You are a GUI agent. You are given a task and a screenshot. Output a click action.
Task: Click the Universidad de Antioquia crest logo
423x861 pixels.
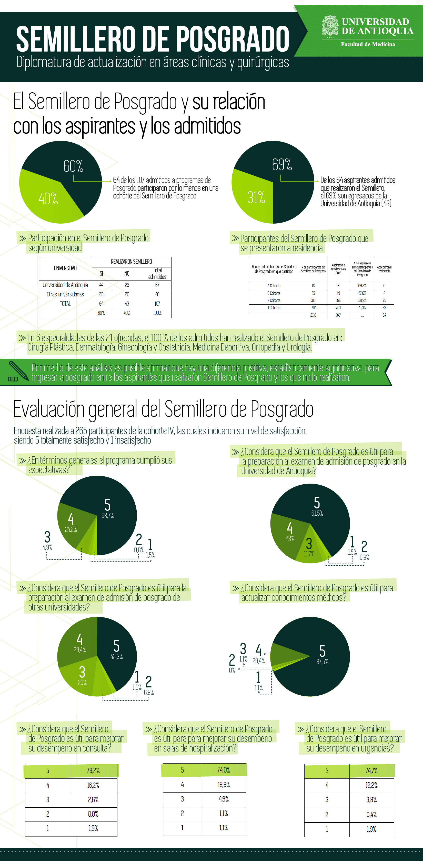[330, 26]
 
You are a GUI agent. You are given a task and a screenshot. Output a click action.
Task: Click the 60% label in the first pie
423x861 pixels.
[73, 166]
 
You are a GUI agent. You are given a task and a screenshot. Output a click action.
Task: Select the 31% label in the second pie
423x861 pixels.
[256, 197]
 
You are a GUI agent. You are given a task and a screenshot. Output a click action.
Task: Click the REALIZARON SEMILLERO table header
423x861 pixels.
[131, 262]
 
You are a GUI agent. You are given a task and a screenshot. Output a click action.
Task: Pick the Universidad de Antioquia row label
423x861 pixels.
[65, 285]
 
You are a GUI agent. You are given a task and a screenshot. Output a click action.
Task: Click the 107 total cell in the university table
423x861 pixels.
[157, 304]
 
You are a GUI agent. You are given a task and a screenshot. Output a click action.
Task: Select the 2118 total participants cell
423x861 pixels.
[313, 315]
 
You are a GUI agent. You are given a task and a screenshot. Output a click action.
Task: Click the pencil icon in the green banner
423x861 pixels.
[18, 371]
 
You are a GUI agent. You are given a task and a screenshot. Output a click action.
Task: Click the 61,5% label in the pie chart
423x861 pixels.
[317, 513]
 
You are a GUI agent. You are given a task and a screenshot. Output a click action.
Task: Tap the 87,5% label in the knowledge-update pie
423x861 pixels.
[322, 662]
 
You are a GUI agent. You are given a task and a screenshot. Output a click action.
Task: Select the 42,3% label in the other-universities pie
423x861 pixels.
[116, 656]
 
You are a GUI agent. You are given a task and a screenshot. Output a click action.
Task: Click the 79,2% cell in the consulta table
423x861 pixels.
[93, 770]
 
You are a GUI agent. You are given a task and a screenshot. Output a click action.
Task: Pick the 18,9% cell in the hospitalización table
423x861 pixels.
[224, 784]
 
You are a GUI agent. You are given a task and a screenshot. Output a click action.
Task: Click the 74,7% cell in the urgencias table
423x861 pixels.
[371, 771]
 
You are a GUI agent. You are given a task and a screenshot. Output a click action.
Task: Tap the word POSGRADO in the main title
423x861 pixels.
[232, 39]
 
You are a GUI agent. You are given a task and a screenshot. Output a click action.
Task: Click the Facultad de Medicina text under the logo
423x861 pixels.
[368, 44]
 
